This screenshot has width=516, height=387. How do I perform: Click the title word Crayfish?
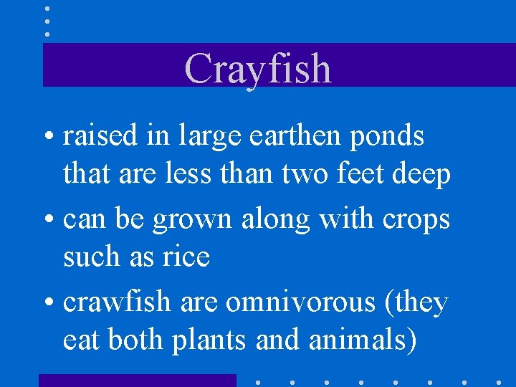tap(258, 69)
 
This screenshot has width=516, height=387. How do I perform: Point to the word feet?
tap(362, 174)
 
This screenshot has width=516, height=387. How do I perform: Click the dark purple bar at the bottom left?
tap(137, 380)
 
